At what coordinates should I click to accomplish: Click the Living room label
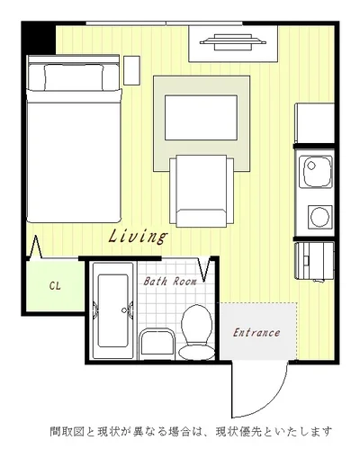pyautogui.click(x=138, y=237)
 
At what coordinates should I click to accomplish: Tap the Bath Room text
pyautogui.click(x=170, y=281)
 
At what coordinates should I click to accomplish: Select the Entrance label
pyautogui.click(x=256, y=333)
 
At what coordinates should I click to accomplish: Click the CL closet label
pyautogui.click(x=55, y=286)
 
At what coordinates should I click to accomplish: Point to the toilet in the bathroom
pyautogui.click(x=197, y=332)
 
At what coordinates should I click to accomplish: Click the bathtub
pyautogui.click(x=112, y=310)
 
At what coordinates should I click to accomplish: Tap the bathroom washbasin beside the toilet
pyautogui.click(x=157, y=344)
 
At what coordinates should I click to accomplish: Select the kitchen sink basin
pyautogui.click(x=318, y=172)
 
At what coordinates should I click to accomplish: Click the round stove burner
pyautogui.click(x=319, y=216)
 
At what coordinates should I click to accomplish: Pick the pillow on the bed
pyautogui.click(x=74, y=77)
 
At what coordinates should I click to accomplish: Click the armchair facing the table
pyautogui.click(x=202, y=191)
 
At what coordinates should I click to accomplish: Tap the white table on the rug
pyautogui.click(x=201, y=118)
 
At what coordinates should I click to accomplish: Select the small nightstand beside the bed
pyautogui.click(x=132, y=70)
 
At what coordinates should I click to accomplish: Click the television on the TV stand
pyautogui.click(x=233, y=42)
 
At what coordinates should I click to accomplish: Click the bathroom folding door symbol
pyautogui.click(x=204, y=270)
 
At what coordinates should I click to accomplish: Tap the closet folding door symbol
pyautogui.click(x=36, y=247)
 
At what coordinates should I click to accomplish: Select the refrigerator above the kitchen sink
pyautogui.click(x=315, y=123)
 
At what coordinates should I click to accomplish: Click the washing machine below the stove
pyautogui.click(x=315, y=261)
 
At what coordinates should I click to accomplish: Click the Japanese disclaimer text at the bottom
pyautogui.click(x=191, y=432)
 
